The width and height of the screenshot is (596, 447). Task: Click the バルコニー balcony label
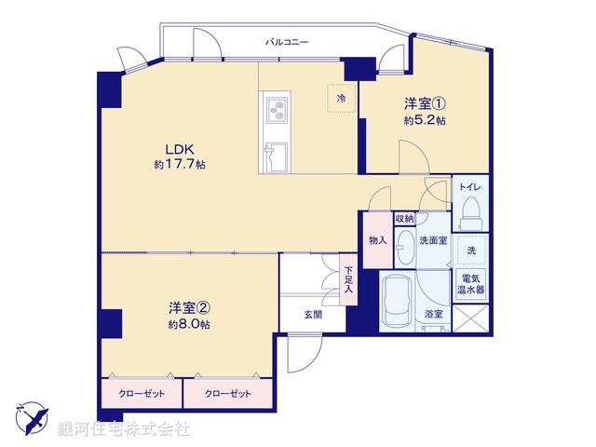(286, 42)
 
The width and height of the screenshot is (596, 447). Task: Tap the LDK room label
(180, 149)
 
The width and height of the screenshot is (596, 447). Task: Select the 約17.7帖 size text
(180, 165)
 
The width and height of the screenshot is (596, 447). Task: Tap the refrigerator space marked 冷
(341, 98)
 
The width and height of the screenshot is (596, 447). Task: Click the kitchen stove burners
(276, 110)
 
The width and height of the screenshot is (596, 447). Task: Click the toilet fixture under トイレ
(469, 210)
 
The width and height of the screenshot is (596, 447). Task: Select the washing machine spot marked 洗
(471, 251)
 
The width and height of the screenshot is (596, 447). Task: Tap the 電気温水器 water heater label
(471, 283)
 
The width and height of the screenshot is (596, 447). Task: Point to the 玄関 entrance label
(312, 315)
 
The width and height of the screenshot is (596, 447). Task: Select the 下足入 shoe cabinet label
(348, 279)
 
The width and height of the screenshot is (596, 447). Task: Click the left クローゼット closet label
(142, 394)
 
